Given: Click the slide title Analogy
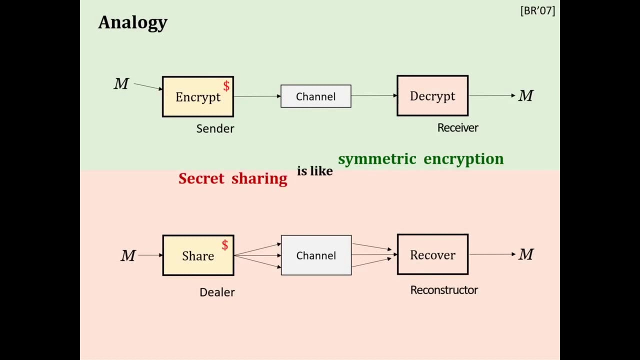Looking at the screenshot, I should point(132,22).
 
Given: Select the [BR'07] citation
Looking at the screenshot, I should point(537,11).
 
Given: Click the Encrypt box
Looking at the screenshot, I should point(197,97).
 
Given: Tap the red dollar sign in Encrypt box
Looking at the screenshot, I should point(226,86).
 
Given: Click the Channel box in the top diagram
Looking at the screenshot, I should point(315,96).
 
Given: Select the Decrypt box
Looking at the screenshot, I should point(432,96).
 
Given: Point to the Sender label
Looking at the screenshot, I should point(215,128).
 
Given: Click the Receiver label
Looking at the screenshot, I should point(457,128).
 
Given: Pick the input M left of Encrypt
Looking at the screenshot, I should point(121,84).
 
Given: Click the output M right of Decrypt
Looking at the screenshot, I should point(525,95).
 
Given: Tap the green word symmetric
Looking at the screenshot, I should point(377,159).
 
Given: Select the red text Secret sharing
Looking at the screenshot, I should point(232,178).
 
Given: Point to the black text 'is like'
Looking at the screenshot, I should point(314,171).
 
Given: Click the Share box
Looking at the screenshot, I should point(197,255).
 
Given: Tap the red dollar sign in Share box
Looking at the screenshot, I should point(225,245).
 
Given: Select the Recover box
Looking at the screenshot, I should point(432,255).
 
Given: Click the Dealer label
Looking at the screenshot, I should point(217,292).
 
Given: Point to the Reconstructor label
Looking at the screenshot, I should point(444,290).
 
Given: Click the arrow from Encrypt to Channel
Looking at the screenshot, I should point(257,96).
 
